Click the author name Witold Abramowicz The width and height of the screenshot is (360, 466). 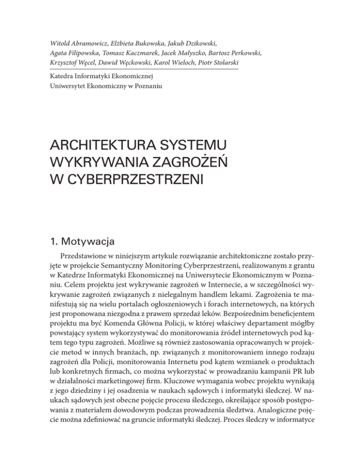(76, 31)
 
